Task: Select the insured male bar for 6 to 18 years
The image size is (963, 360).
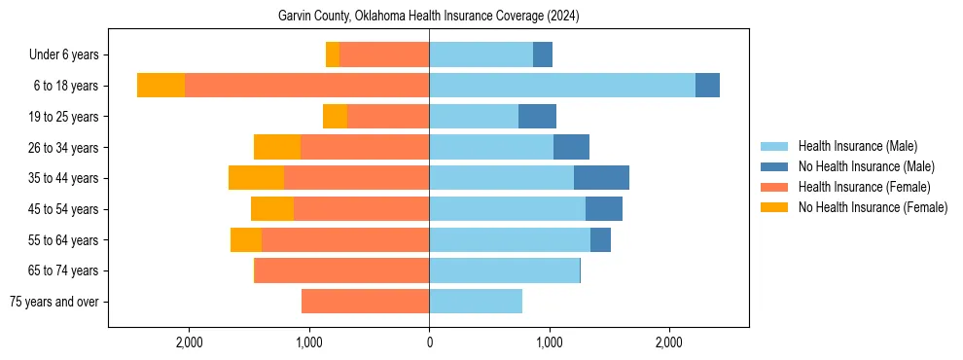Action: (562, 86)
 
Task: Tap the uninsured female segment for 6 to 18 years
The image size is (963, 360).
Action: (160, 86)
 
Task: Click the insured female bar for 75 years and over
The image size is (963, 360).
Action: (365, 302)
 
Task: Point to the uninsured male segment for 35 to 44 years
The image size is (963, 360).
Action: (601, 178)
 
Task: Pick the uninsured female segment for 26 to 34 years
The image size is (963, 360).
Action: (277, 147)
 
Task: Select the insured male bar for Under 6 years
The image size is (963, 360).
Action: (481, 54)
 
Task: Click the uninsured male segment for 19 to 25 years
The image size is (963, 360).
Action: (537, 117)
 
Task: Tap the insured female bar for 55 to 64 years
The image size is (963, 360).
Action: (345, 239)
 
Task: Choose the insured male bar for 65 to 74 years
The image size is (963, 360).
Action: (504, 270)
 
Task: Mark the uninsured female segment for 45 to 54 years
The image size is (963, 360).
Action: (272, 209)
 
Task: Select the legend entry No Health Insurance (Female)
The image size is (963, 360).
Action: (873, 207)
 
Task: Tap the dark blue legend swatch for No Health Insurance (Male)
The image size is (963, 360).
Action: (774, 166)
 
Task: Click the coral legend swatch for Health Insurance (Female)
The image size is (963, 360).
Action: (774, 187)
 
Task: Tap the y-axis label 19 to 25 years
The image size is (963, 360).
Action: (65, 117)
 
